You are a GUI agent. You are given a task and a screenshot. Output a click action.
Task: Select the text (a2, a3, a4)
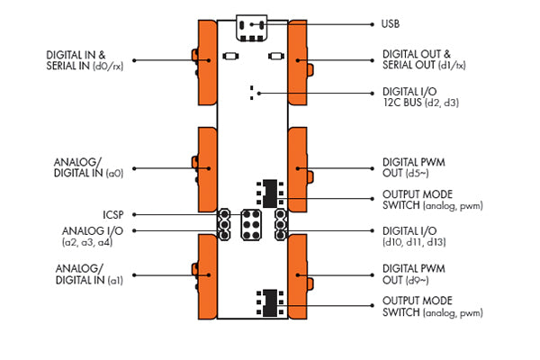(87, 242)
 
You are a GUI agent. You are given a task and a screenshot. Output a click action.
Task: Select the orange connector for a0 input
(206, 164)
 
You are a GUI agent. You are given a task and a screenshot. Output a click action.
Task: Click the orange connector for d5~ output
(300, 166)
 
